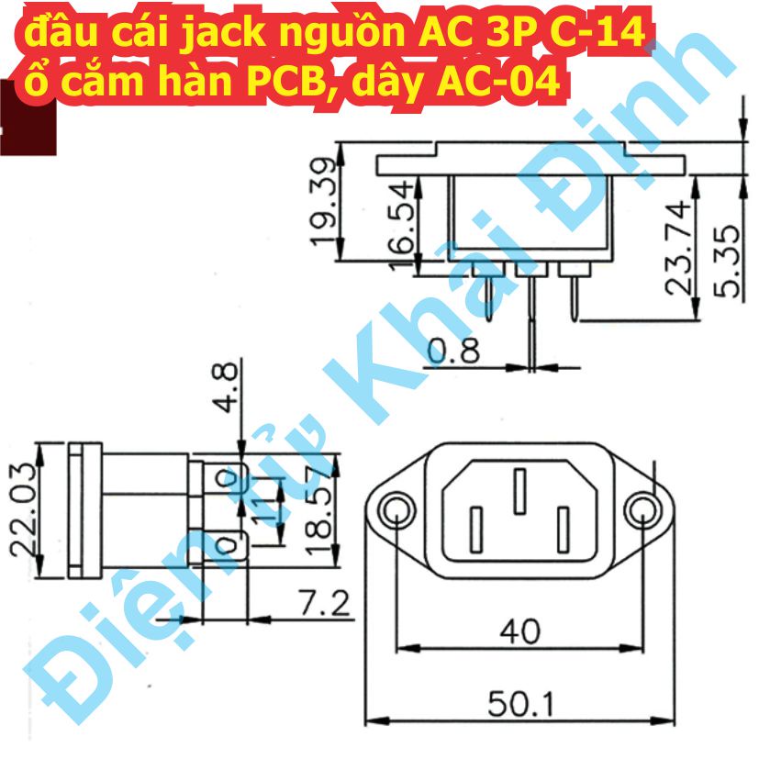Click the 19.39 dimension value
coord(323,201)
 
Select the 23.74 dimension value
coord(678,248)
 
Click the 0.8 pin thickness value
coord(454,351)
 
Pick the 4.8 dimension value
coord(225,386)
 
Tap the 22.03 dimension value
coord(23,509)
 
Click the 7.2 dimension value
coord(324,603)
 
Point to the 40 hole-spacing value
coord(519,631)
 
